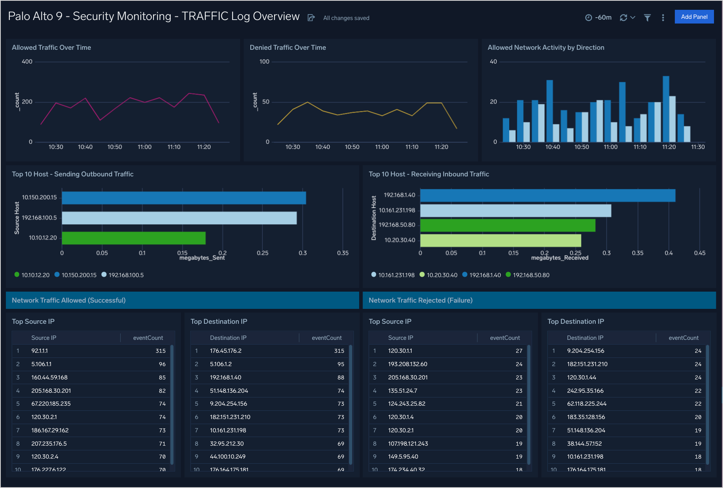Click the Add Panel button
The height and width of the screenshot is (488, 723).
point(694,17)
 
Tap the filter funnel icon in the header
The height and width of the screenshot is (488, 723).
point(647,18)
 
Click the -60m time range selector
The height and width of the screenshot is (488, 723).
point(598,18)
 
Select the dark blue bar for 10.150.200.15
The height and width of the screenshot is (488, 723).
point(184,198)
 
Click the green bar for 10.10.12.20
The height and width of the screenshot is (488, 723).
point(134,238)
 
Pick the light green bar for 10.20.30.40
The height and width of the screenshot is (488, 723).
point(500,240)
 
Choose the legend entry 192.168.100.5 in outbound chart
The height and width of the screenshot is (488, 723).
point(126,275)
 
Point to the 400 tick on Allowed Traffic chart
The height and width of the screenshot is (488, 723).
point(27,62)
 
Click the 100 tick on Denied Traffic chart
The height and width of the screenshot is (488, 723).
point(264,62)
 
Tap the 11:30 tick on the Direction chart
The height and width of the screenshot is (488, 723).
point(698,147)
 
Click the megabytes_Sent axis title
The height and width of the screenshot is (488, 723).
point(202,258)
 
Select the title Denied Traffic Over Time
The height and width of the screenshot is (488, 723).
point(288,47)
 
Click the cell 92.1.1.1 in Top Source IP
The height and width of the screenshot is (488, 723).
point(40,351)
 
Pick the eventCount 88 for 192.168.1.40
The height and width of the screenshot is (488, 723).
point(340,377)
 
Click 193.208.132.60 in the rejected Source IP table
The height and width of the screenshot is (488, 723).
point(407,364)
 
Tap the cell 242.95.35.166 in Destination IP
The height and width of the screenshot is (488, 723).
point(585,391)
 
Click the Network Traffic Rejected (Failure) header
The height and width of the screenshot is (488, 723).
point(421,300)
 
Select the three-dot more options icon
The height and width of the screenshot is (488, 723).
point(663,18)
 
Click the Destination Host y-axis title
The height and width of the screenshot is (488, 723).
point(374,218)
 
